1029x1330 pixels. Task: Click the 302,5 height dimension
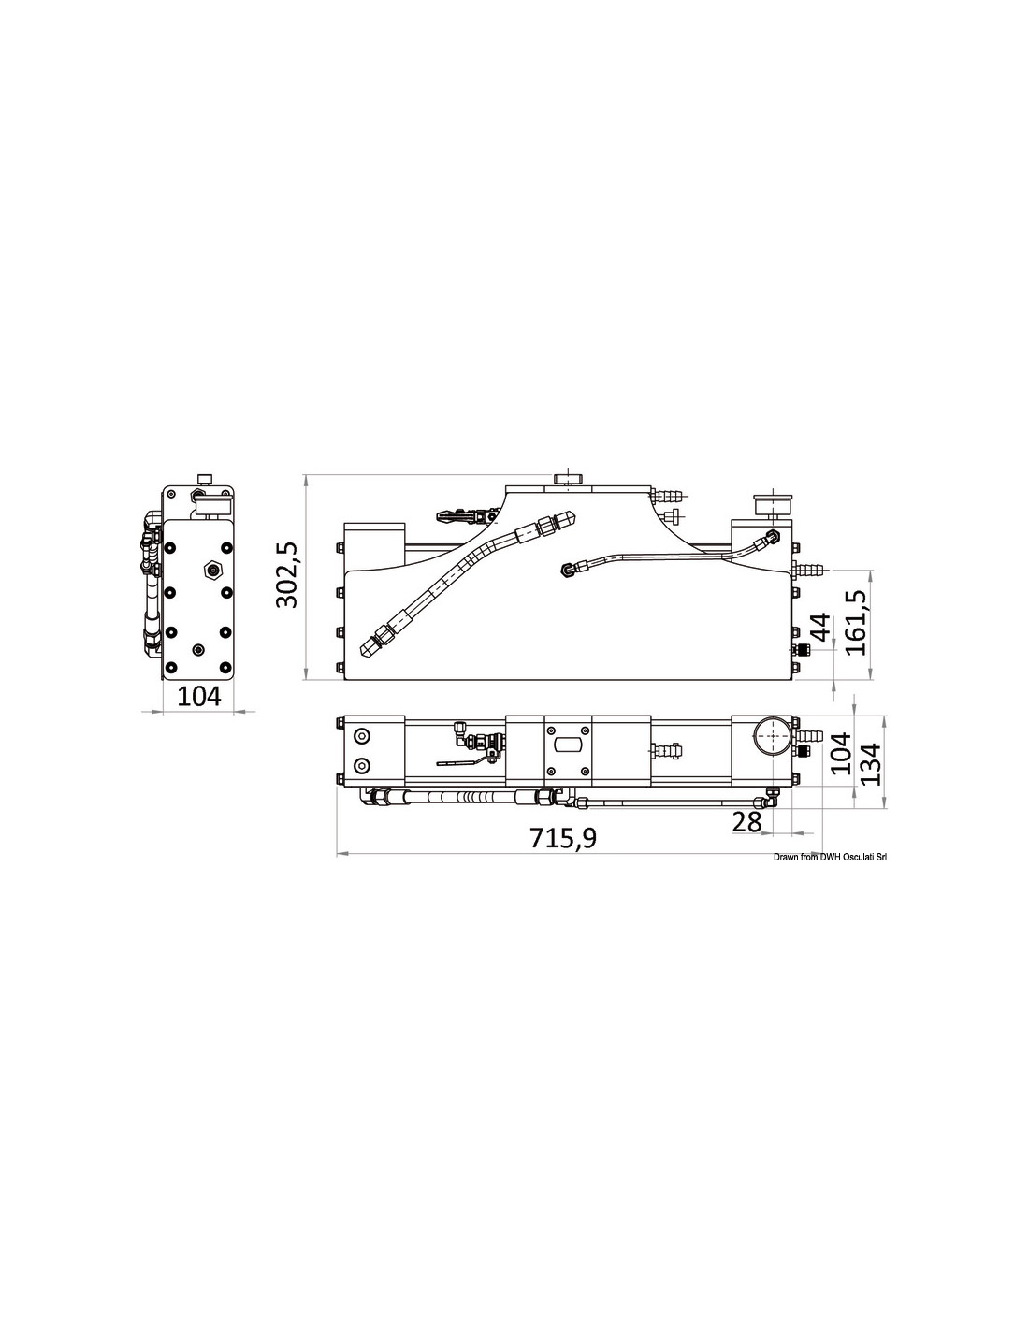286,574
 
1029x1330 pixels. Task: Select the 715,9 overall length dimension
562,838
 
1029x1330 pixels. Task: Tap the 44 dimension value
819,626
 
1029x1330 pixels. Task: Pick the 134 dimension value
870,764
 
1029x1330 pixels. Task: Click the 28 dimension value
746,822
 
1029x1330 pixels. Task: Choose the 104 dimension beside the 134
842,754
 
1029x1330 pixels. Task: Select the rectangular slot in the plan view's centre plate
569,745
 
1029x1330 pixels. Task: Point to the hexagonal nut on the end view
212,571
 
